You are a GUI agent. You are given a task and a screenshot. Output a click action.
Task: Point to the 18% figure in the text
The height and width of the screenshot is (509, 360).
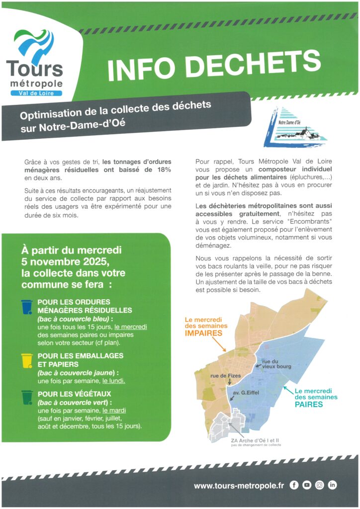coord(163,170)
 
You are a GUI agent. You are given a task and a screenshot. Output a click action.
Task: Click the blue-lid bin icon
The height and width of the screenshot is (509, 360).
coord(26,307)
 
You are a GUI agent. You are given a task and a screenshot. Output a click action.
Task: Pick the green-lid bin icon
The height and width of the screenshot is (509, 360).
coord(27,398)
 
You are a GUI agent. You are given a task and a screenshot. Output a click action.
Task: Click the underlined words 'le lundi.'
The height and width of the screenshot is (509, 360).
coord(113,381)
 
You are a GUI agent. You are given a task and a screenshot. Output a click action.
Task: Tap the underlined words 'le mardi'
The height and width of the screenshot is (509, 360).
coord(114,411)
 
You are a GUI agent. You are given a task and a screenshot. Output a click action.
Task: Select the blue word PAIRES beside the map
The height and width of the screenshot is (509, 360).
coord(309,404)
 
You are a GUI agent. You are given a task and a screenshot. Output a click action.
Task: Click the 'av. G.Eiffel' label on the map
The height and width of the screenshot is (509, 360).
coord(246,393)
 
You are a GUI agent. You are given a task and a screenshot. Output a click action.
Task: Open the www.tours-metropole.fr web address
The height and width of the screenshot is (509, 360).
coord(239,486)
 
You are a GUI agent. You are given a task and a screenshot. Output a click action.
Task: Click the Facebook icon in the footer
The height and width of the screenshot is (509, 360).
coord(294,485)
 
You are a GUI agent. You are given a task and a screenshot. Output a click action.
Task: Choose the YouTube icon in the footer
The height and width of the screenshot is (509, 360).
coord(307,485)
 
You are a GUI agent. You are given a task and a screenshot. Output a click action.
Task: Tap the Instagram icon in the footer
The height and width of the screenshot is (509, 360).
coord(320,485)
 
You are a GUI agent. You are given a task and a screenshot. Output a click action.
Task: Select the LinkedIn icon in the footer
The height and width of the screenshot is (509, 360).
coord(333,485)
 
